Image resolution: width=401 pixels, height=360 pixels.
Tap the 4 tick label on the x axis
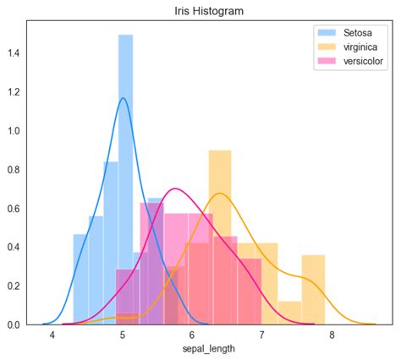[52, 335]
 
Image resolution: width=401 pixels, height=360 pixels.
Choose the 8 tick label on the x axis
[332, 335]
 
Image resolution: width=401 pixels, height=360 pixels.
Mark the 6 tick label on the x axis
[192, 335]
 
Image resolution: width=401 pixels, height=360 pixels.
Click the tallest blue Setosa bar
[125, 169]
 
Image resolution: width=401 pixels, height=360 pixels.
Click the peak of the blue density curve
[124, 98]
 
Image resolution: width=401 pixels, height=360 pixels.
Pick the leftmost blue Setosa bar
[80, 279]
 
